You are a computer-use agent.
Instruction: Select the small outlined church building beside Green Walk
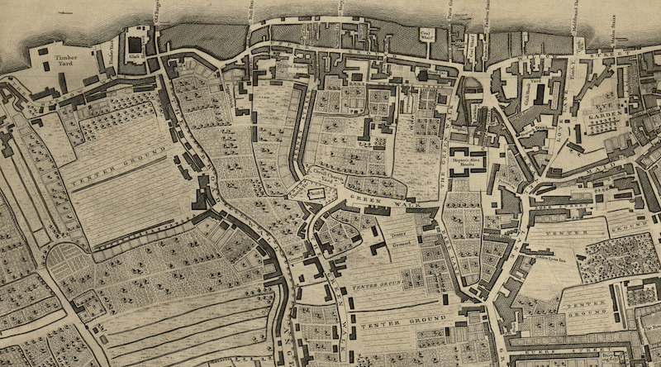[x=314, y=193]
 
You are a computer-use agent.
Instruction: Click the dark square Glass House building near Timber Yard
[x=135, y=43]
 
